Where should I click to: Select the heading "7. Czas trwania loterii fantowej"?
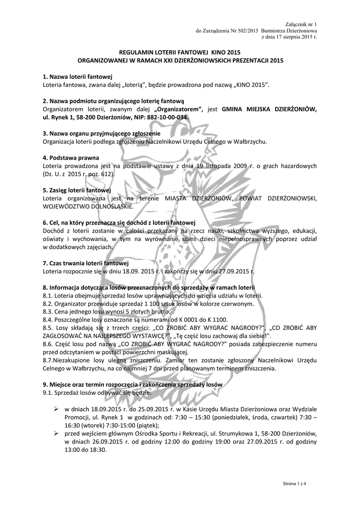tap(86, 263)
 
